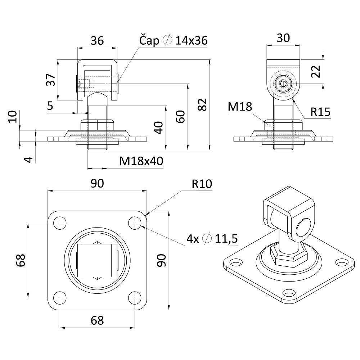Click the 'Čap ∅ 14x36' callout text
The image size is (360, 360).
click(174, 40)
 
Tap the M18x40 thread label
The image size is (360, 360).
click(141, 161)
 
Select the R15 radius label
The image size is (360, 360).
click(320, 112)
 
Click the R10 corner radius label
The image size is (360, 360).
click(202, 184)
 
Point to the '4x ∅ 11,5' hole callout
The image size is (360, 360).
click(212, 239)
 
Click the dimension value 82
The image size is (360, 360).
click(202, 105)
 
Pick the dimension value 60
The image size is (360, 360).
click(181, 117)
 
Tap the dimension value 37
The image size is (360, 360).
click(51, 80)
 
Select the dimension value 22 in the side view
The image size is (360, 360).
click(316, 72)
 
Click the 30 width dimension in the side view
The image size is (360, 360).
click(283, 38)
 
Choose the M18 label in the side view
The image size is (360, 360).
click(240, 107)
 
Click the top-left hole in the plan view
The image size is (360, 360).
click(60, 223)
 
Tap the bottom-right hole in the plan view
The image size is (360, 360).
click(135, 298)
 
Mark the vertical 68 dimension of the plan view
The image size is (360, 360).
click(21, 260)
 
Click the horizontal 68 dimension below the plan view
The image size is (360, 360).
click(97, 320)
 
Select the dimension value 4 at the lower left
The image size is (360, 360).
click(29, 159)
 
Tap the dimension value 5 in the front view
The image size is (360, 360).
click(50, 105)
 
